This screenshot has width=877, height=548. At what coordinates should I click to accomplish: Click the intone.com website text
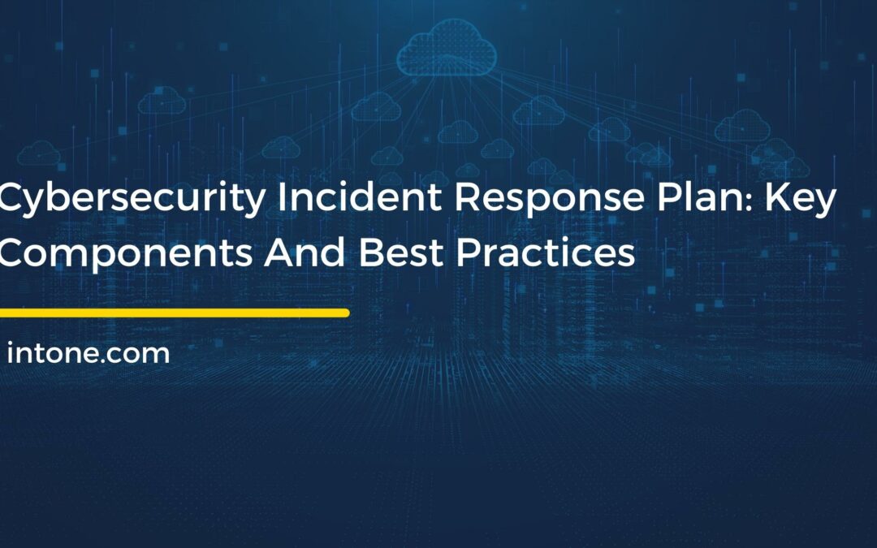pyautogui.click(x=89, y=354)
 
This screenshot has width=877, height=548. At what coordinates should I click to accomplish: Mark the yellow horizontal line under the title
pyautogui.click(x=174, y=313)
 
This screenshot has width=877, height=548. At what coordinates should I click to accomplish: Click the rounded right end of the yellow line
pyautogui.click(x=345, y=313)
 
